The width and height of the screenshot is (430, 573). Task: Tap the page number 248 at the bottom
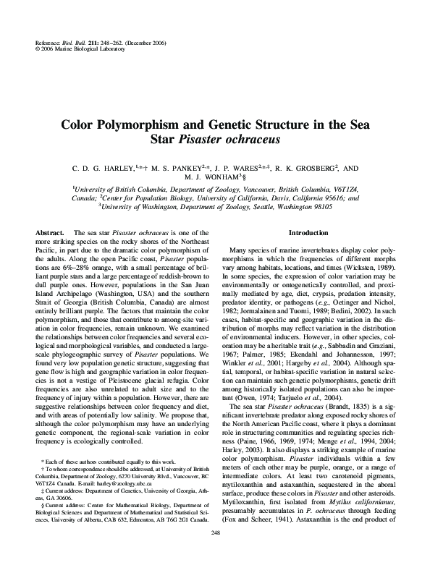215,553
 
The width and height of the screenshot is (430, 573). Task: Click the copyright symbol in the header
37,51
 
